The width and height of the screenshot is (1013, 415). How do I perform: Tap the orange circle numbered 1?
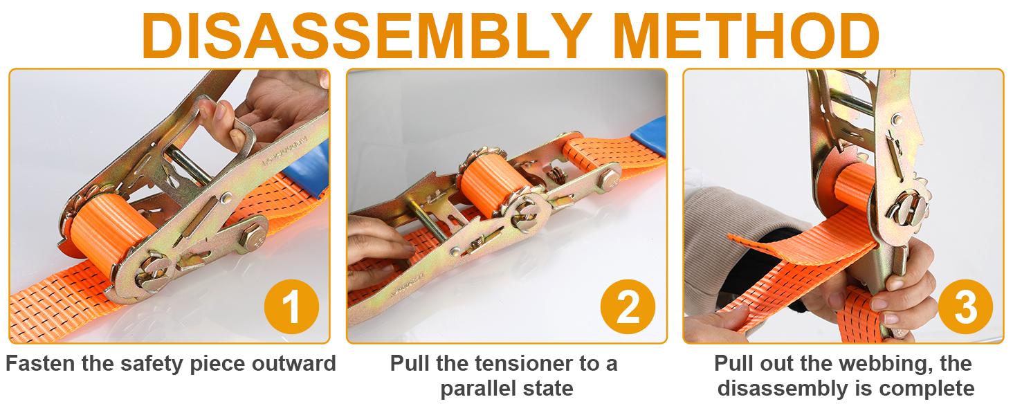[x=291, y=306]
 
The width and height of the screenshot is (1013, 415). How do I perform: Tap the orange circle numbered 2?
[x=628, y=306]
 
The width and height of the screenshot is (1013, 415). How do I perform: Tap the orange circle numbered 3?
[x=965, y=306]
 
